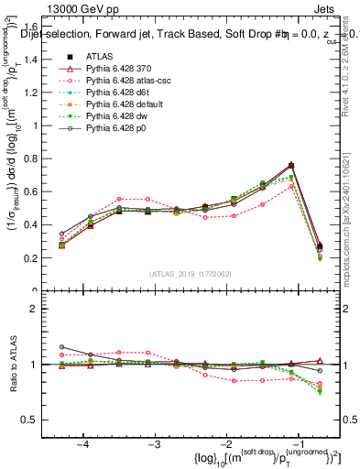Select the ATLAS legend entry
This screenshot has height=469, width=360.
pyautogui.click(x=98, y=57)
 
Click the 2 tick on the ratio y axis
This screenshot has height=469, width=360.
pyautogui.click(x=42, y=309)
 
